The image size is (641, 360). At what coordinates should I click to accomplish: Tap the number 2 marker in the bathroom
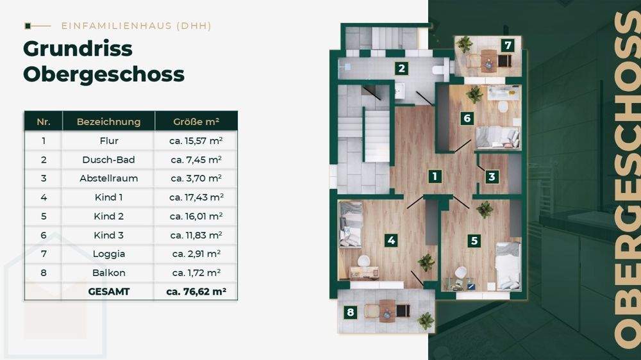(401, 69)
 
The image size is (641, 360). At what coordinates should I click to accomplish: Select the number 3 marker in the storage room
(492, 176)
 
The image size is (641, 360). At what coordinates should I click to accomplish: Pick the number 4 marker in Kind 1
(391, 241)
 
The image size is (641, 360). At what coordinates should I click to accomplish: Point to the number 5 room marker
(474, 241)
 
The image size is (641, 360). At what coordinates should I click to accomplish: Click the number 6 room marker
(467, 118)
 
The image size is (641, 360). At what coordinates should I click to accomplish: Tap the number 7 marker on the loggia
(507, 45)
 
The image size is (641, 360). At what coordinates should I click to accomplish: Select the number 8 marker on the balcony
(350, 313)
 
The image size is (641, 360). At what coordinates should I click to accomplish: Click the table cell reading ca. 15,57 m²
(196, 141)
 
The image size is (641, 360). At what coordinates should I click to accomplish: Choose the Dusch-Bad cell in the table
(108, 160)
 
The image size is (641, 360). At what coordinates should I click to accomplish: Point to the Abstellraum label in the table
(108, 179)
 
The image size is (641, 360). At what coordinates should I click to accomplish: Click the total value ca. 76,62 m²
(196, 291)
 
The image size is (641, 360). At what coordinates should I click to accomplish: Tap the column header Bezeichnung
(108, 122)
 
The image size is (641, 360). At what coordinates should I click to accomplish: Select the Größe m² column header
(196, 122)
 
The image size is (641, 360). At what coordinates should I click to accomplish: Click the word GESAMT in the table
(108, 291)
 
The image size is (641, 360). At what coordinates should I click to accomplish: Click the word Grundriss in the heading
(78, 49)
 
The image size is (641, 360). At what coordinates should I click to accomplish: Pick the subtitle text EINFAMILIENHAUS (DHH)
(136, 26)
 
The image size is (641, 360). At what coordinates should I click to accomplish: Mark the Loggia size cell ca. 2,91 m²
(196, 254)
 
